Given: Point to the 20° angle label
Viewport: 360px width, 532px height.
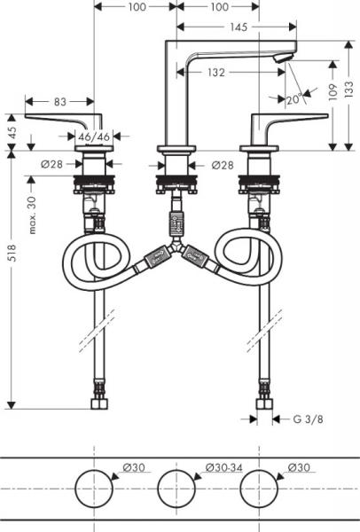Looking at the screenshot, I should point(294,99).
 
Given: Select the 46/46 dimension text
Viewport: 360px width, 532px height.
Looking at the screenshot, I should point(91,137).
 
